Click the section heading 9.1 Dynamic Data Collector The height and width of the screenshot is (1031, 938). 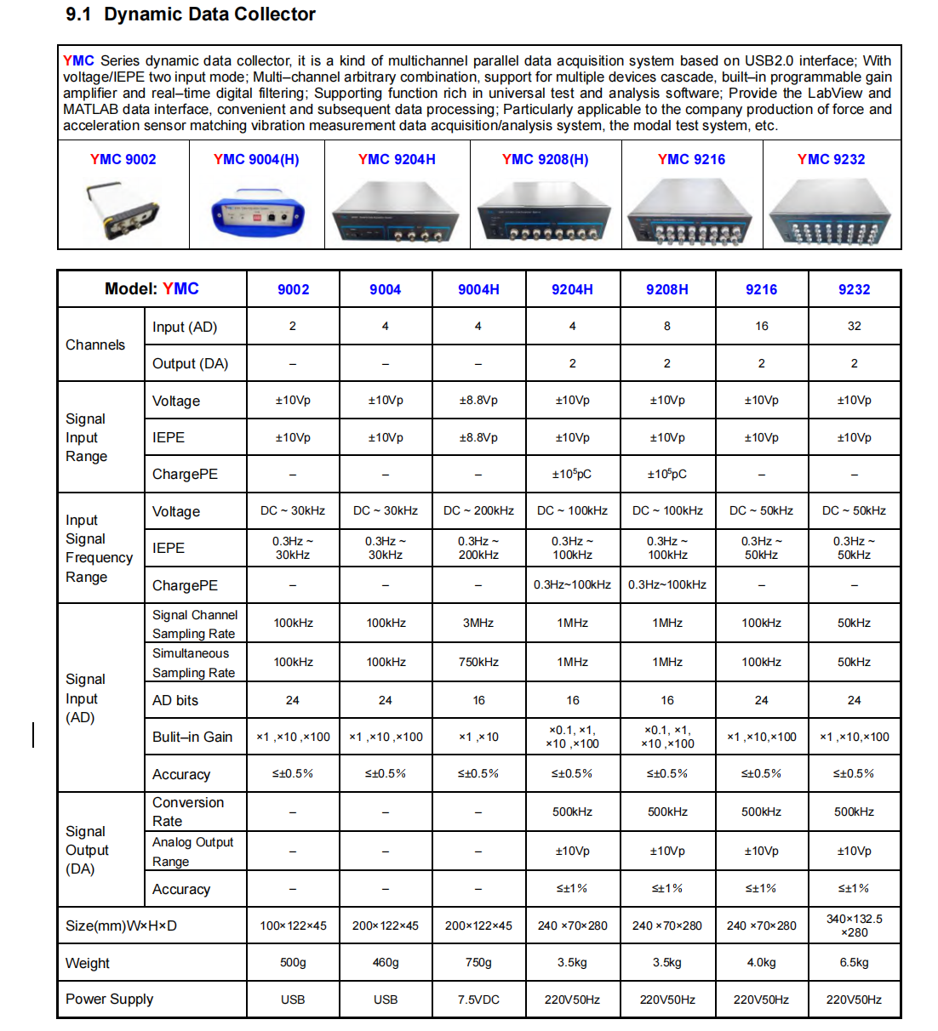191,14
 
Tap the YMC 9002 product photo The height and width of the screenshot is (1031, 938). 123,211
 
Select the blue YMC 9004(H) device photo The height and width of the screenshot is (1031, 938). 257,216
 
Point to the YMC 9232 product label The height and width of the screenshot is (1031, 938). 831,159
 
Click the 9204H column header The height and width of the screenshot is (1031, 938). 572,289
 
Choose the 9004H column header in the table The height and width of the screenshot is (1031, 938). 478,289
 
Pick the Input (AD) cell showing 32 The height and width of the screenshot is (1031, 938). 854,326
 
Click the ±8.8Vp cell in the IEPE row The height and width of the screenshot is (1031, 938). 478,437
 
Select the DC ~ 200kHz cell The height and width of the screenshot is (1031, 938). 478,510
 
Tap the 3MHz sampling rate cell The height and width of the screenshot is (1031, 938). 478,623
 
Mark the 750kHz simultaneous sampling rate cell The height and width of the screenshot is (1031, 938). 478,662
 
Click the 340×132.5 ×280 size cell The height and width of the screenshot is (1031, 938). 854,926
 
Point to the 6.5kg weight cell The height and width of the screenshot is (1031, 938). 854,962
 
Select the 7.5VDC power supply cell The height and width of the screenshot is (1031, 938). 478,1000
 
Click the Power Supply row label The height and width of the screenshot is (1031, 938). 110,999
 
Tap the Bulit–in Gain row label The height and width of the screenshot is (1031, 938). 192,737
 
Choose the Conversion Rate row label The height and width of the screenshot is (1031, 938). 188,812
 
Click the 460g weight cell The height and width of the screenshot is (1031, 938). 386,962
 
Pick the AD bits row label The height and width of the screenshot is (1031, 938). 175,700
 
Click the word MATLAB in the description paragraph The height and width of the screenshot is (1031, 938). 90,109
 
